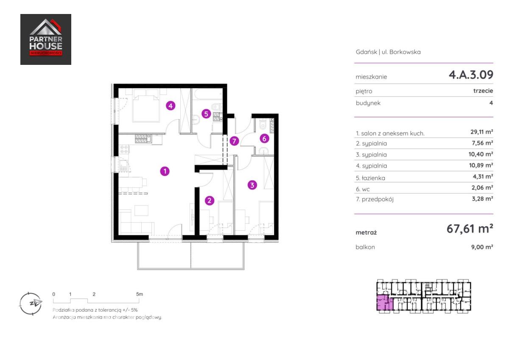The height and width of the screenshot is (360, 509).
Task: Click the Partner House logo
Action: (46, 39)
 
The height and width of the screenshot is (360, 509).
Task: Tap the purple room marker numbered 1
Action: (165, 171)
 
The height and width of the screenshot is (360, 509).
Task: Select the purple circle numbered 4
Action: (171, 106)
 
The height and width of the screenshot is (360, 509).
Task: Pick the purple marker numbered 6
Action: (264, 139)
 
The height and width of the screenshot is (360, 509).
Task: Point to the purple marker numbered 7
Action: (234, 141)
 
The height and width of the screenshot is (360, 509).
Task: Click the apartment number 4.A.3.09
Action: (471, 75)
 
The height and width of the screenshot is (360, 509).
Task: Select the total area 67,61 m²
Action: (470, 229)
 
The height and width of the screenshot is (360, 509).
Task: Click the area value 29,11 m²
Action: (481, 132)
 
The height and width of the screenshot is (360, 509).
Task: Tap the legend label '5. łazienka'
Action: (370, 178)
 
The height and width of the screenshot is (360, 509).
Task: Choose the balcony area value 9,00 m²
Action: (482, 247)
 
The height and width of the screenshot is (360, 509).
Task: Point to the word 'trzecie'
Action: (483, 91)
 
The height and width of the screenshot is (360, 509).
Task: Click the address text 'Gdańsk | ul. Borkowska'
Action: (388, 52)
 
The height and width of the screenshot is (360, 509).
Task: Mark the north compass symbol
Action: (31, 304)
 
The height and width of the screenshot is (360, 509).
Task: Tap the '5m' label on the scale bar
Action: (140, 294)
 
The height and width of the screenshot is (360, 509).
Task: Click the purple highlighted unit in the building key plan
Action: (385, 303)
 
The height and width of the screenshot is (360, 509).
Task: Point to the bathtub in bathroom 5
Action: (207, 94)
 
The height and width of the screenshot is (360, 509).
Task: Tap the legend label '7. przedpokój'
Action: (375, 199)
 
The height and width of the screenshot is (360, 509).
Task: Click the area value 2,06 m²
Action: (482, 187)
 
